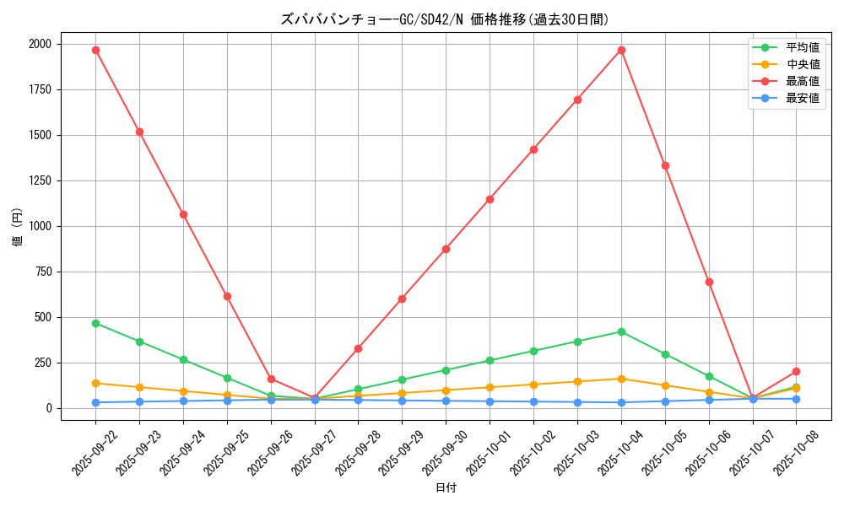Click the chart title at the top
tap(445, 19)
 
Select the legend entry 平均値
tap(802, 47)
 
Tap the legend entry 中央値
tap(802, 64)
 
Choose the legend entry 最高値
tap(802, 81)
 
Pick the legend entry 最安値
tap(802, 98)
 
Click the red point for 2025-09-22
tap(95, 50)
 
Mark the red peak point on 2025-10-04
tap(621, 50)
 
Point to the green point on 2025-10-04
tap(621, 331)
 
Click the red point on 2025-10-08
tap(796, 371)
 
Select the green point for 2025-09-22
tap(95, 323)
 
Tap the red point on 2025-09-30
tap(446, 249)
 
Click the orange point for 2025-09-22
tap(95, 383)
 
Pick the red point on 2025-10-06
tap(709, 282)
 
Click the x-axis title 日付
tap(446, 488)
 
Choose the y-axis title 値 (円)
tap(18, 228)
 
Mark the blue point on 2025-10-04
tap(621, 402)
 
